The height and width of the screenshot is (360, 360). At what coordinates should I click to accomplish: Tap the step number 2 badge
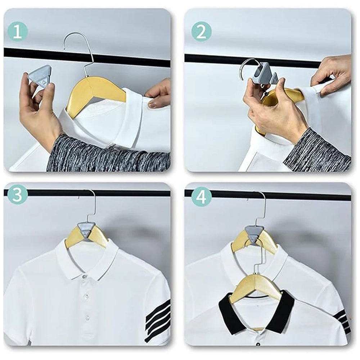point(201,31)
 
